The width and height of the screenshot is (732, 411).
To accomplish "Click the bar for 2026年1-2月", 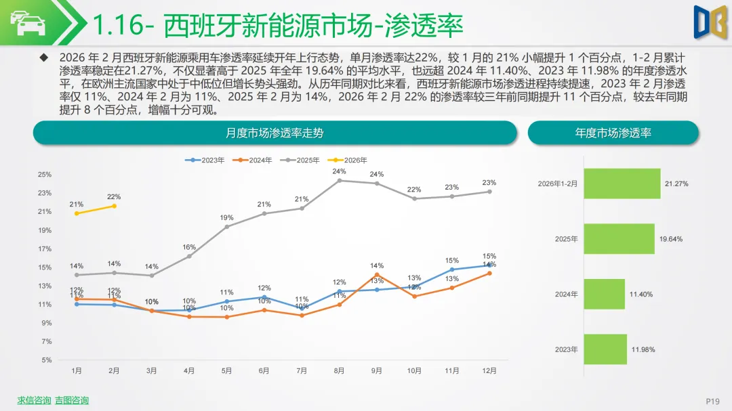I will coord(622,183).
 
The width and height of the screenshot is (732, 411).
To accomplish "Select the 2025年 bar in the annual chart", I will coord(619,239).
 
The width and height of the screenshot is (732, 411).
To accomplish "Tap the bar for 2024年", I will coord(604,295).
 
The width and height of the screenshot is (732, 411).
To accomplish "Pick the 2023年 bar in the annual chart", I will coord(605,349).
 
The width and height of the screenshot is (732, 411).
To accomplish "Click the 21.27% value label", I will coord(676,183).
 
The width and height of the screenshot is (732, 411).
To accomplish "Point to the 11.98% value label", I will coord(643,349).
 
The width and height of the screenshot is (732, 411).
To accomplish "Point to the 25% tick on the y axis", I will coord(45,175).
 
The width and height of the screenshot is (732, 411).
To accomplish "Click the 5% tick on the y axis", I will coord(46,360).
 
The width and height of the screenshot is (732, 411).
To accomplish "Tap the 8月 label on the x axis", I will coord(339,370).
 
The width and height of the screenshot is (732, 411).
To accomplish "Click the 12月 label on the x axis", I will coord(489,370).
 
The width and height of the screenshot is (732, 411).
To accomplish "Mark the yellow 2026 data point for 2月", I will coord(114,206).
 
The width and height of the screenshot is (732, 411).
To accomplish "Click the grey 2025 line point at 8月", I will coord(339,180).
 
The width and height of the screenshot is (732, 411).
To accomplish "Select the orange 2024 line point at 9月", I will coord(377,275).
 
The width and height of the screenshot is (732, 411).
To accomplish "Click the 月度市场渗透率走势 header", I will coord(274,133).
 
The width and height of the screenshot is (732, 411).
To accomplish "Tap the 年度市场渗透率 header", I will coord(613,133).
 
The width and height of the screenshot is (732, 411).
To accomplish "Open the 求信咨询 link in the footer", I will coord(34,400).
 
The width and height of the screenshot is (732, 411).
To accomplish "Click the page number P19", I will coord(712,402).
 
